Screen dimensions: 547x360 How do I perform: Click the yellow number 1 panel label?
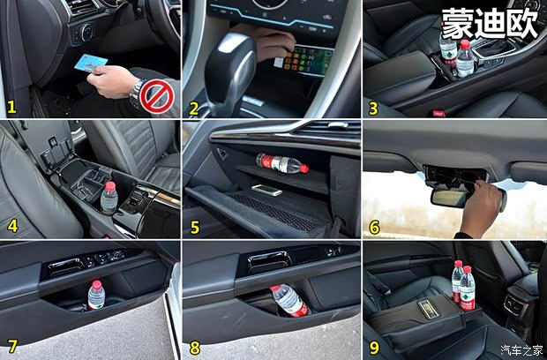(11, 107)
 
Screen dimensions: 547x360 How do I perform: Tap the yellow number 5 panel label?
(195, 227)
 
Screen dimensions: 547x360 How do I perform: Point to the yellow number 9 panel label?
(374, 348)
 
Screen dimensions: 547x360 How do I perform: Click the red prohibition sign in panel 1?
(157, 97)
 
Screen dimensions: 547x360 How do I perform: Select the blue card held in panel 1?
(91, 63)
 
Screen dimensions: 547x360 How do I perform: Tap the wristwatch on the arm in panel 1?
(137, 94)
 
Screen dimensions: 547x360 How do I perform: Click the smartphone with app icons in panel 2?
(307, 60)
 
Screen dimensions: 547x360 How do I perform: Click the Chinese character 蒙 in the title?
(457, 24)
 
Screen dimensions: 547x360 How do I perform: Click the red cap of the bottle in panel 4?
(110, 187)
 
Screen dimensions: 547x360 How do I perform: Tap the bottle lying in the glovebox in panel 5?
(282, 163)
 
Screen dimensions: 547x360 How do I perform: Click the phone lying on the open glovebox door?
(266, 190)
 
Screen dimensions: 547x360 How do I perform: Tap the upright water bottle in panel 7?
(96, 295)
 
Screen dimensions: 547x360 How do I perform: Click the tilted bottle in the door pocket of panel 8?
(290, 300)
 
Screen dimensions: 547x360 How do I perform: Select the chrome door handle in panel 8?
(270, 261)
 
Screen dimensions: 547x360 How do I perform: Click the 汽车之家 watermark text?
(521, 349)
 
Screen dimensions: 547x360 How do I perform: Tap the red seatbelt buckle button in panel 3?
(438, 113)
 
